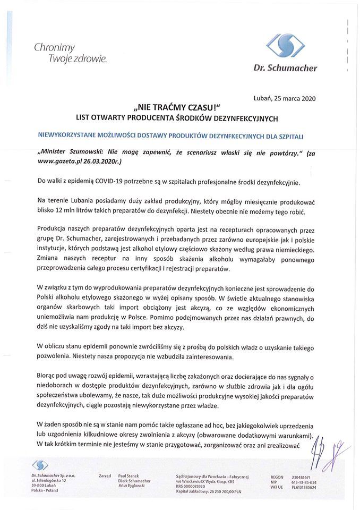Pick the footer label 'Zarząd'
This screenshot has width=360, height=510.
(x=104, y=477)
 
